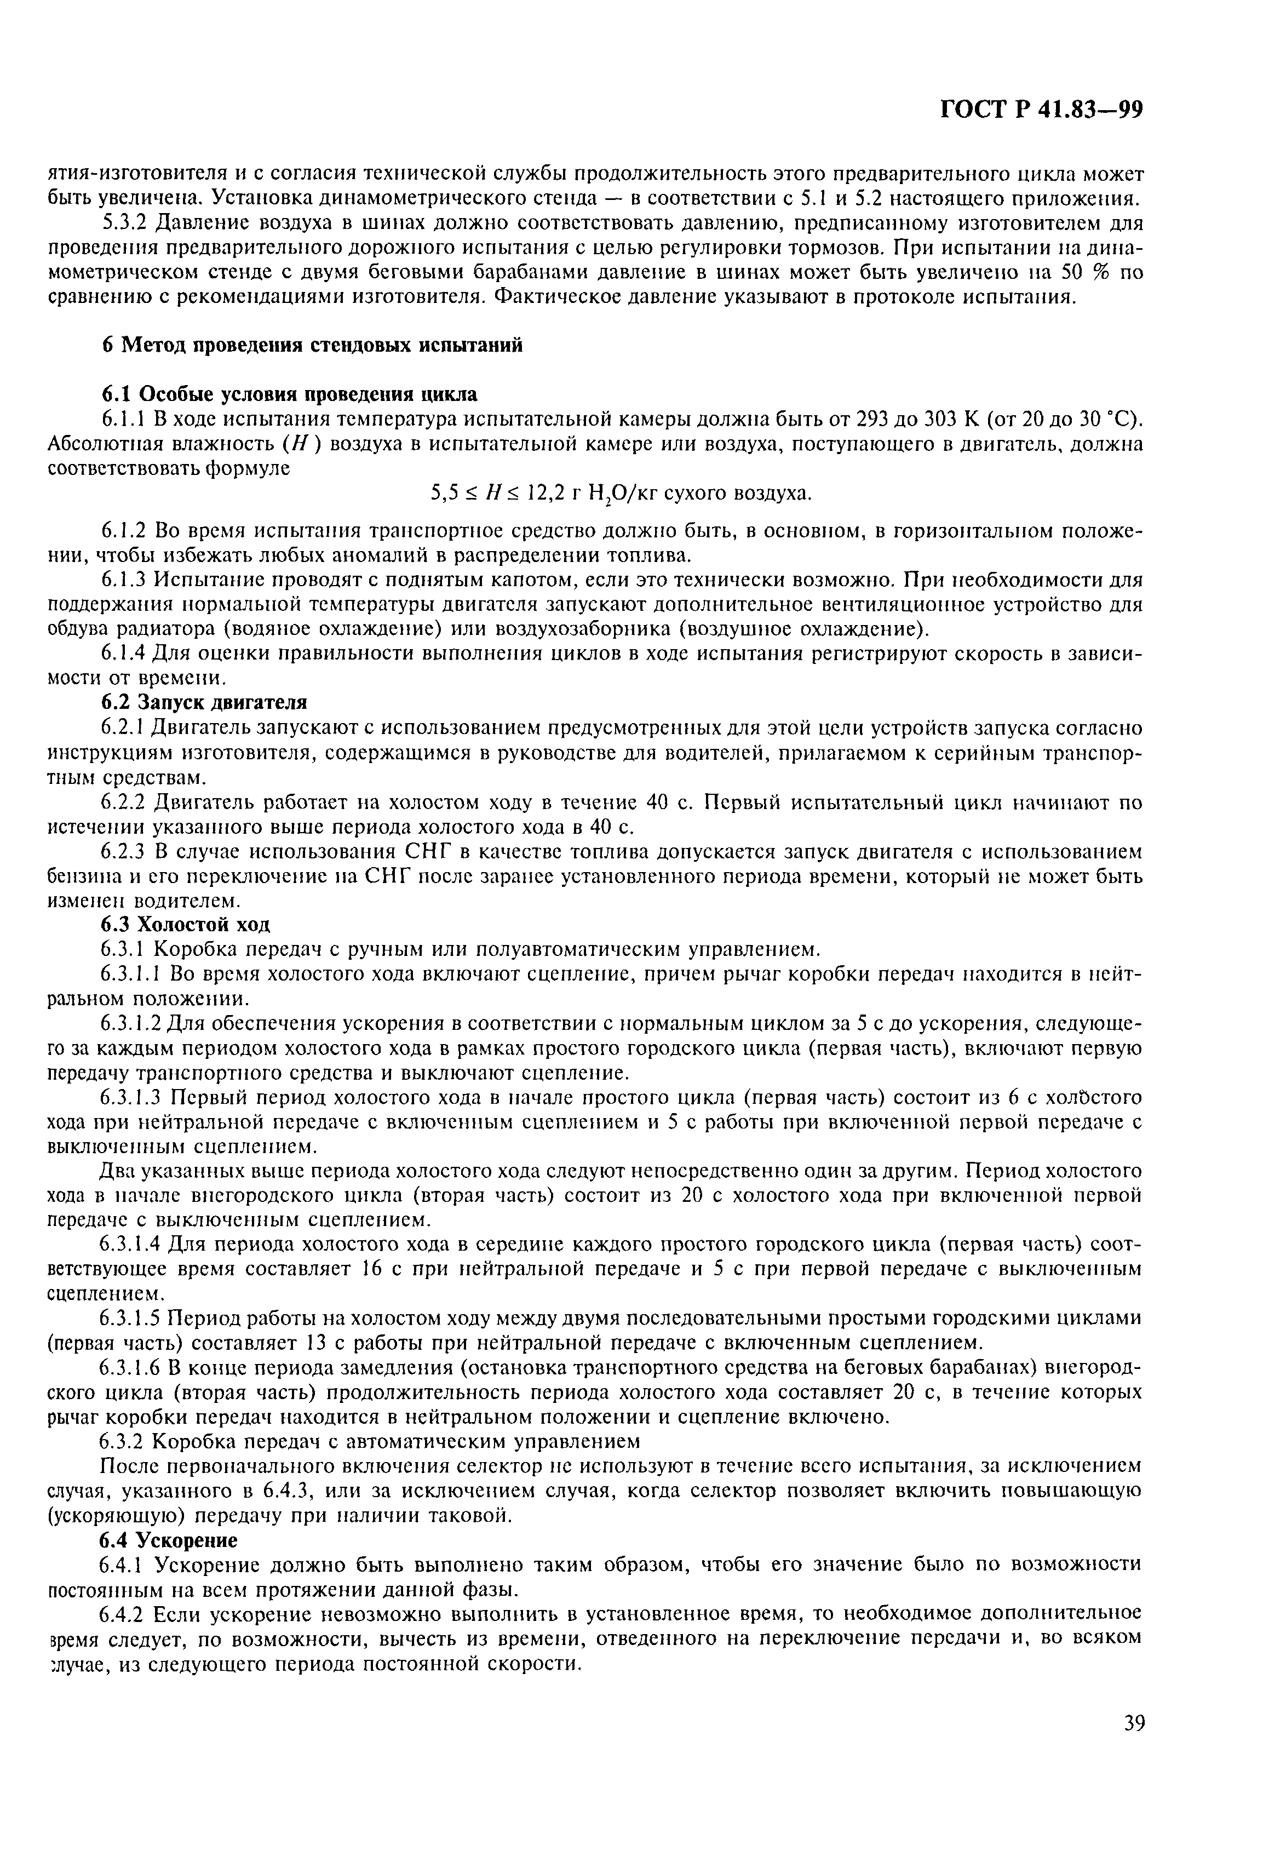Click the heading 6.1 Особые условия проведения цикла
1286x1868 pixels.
(289, 394)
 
